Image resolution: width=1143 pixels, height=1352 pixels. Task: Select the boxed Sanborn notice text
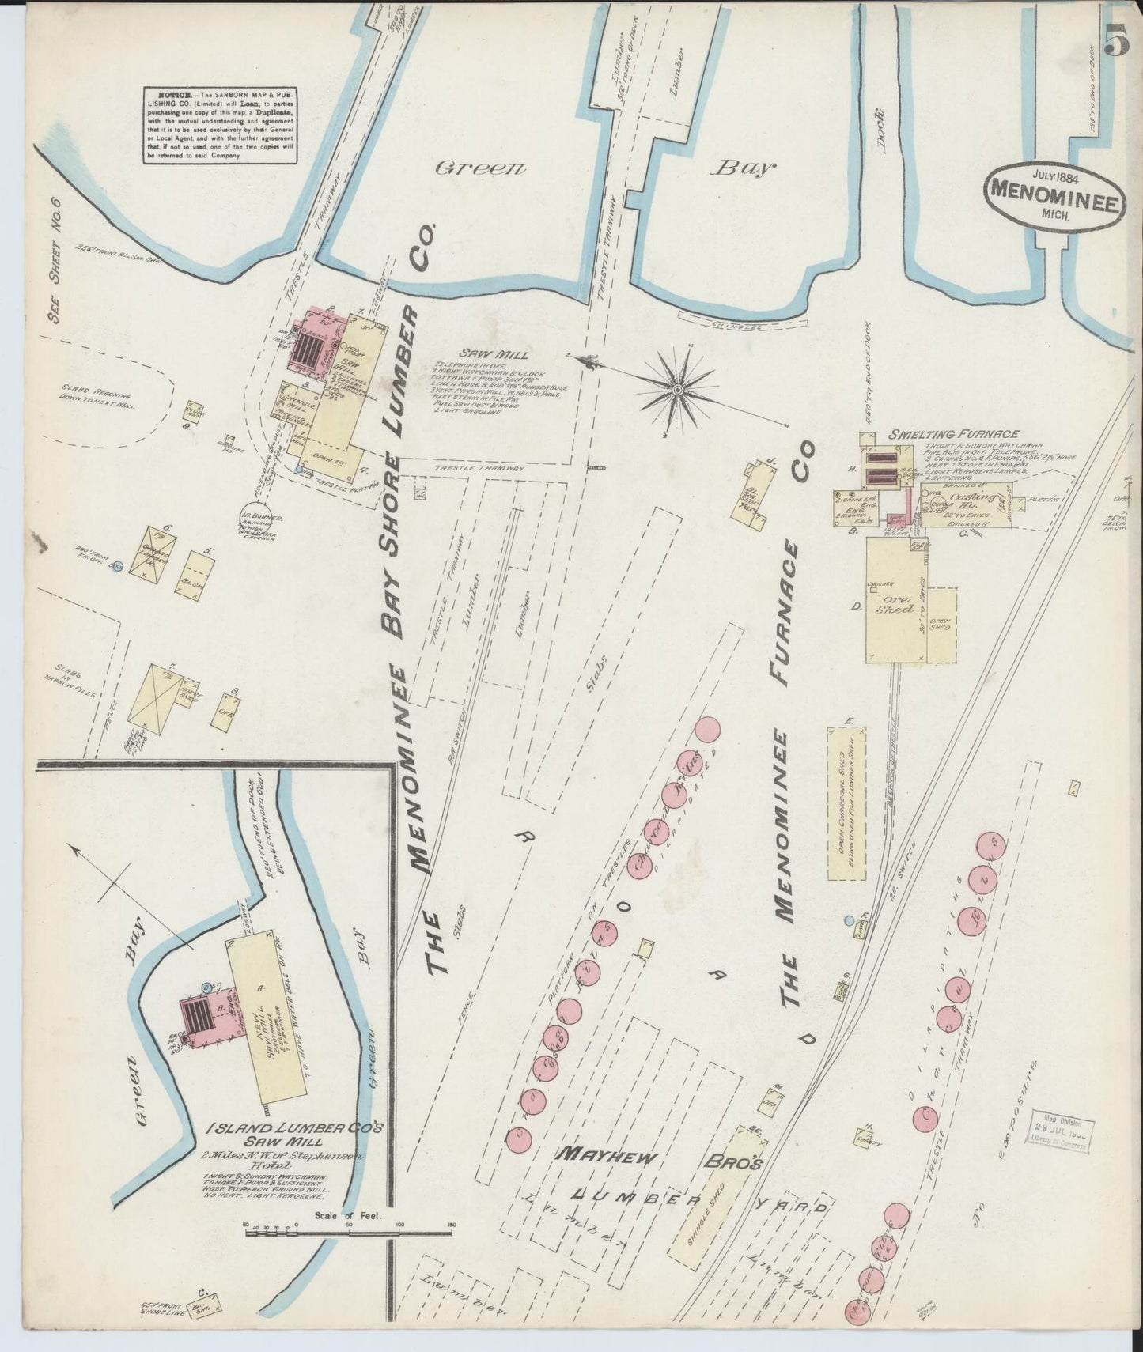point(220,126)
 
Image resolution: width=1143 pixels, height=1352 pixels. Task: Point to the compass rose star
point(678,389)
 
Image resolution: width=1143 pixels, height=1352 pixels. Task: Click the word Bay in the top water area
point(744,168)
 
